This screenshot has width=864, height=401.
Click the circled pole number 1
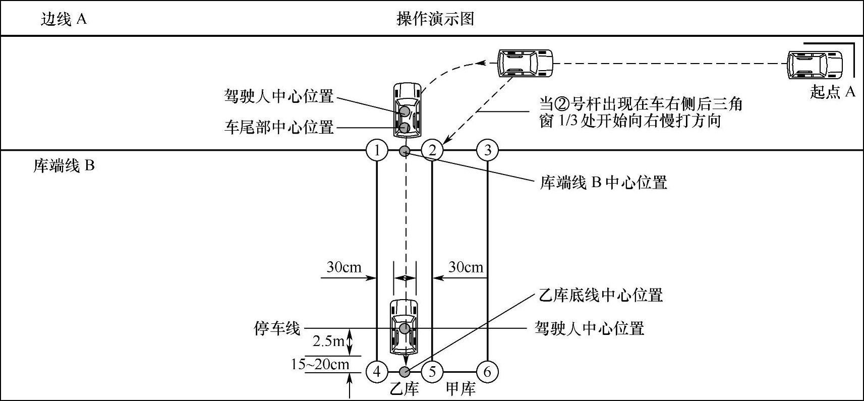tap(377, 150)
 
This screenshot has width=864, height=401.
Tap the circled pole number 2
tap(432, 150)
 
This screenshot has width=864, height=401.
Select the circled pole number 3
tap(487, 150)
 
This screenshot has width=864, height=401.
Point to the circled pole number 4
tap(377, 372)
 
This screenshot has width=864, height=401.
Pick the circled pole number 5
tap(432, 372)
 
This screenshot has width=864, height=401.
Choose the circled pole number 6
tap(487, 372)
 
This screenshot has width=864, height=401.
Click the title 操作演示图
tap(435, 19)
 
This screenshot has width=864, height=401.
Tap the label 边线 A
tap(64, 19)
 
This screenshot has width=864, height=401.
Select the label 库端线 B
tap(64, 165)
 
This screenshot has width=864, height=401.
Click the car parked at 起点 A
tap(815, 65)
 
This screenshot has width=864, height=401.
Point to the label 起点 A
tap(833, 92)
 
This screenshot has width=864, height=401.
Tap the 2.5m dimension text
tap(328, 341)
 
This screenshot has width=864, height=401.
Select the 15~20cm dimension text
tap(320, 364)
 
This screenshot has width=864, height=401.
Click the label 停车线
tap(277, 329)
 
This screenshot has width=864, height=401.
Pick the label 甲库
tap(460, 389)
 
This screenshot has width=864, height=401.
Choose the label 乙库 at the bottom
tap(405, 389)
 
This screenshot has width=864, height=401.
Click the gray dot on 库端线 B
tap(405, 150)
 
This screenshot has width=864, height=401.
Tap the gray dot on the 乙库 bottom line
tap(405, 372)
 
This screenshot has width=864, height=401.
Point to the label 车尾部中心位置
tap(279, 127)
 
